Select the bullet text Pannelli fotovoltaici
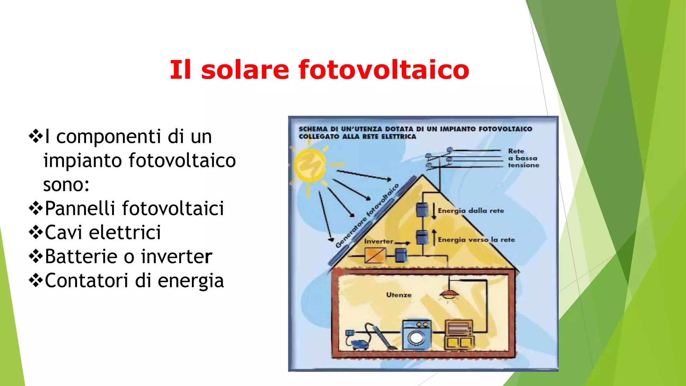point(134,208)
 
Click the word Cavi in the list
point(63,233)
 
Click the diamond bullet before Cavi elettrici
point(36,232)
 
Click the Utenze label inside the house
point(399,295)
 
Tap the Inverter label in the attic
point(379,241)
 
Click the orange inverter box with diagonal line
point(375,256)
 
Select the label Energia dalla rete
point(471,211)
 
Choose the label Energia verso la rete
point(476,240)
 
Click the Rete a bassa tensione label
point(523,158)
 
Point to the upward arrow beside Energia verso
point(434,237)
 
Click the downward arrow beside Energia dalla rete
point(434,211)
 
